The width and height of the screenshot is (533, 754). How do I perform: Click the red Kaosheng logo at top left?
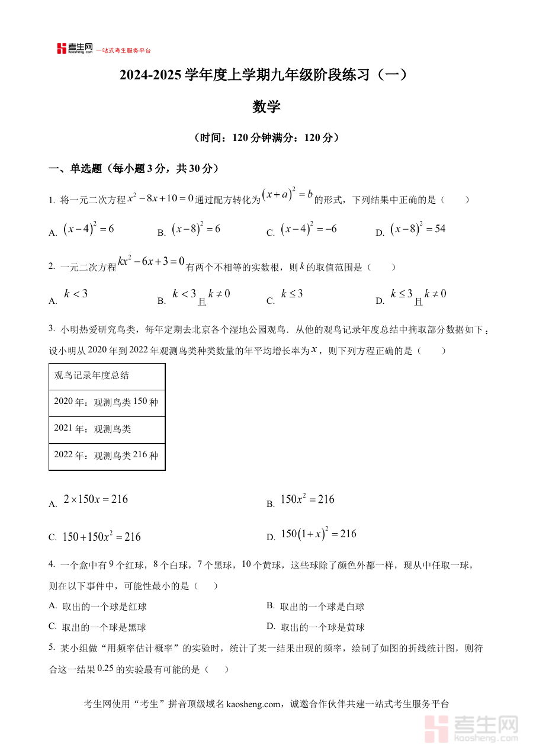[x=75, y=49]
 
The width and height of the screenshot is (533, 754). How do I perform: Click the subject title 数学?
[x=266, y=107]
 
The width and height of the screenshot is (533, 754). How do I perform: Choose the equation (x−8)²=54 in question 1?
[x=418, y=230]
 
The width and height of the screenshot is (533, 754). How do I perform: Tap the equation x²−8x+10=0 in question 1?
[x=160, y=199]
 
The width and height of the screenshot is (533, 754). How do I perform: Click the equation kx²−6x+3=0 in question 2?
[x=152, y=262]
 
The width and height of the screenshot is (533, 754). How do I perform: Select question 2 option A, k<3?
[x=76, y=294]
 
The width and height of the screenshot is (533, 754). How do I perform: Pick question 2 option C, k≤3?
[x=292, y=294]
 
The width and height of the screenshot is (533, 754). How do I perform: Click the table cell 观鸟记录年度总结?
[x=107, y=376]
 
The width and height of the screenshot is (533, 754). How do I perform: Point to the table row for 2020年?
[x=107, y=403]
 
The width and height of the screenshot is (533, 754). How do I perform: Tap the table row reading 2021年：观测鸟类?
[x=107, y=429]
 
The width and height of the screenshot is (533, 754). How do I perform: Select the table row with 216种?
[x=107, y=455]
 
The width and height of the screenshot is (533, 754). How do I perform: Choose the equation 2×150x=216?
[x=95, y=500]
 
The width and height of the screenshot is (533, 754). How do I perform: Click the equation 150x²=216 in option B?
[x=307, y=500]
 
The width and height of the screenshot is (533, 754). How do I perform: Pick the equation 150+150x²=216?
[x=101, y=537]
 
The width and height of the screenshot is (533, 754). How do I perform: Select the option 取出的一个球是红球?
[x=104, y=607]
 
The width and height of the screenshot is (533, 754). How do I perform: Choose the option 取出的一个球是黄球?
[x=322, y=627]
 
